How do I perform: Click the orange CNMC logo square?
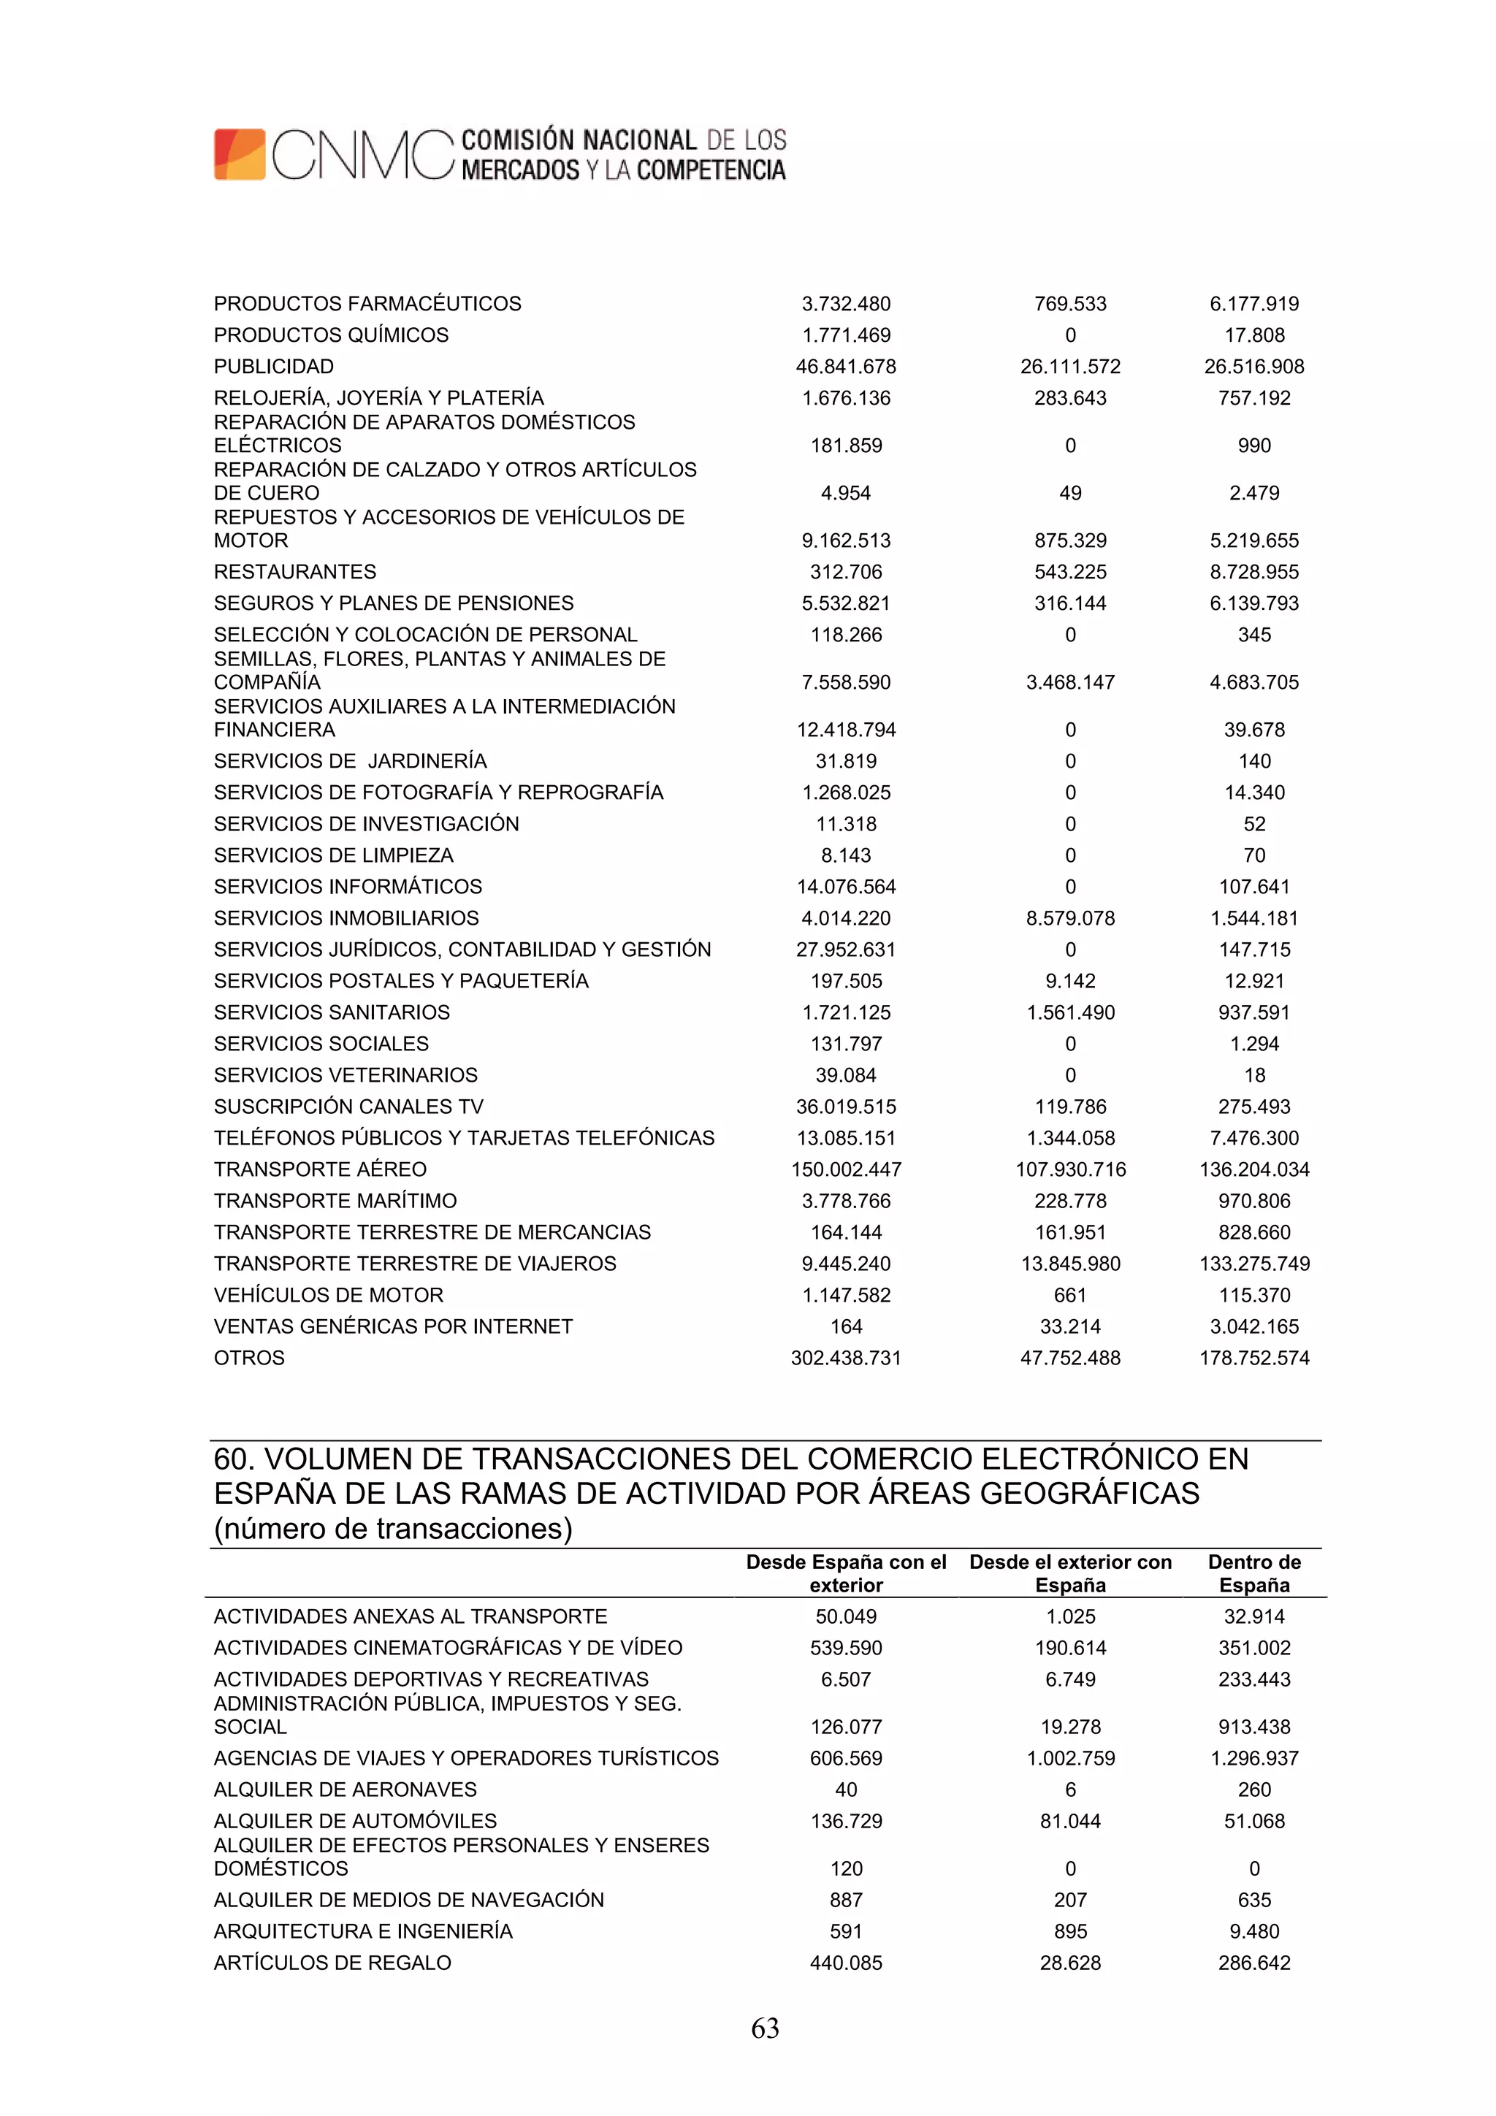tap(240, 154)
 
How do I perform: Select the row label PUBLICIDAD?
tap(274, 367)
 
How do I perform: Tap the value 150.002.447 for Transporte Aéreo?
tap(845, 1169)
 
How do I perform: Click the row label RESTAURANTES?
tap(295, 573)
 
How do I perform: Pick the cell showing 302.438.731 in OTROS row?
tap(845, 1358)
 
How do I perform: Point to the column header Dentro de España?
tap(1253, 1573)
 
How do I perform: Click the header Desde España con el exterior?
tap(845, 1573)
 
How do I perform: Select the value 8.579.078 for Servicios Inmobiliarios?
tap(1070, 918)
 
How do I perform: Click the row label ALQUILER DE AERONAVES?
tap(345, 1790)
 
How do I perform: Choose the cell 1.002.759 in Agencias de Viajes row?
tap(1070, 1758)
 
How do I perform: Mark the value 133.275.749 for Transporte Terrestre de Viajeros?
tap(1253, 1264)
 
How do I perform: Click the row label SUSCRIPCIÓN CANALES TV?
tap(348, 1107)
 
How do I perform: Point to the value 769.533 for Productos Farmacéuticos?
tap(1070, 304)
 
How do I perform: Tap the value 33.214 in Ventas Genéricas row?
tap(1070, 1326)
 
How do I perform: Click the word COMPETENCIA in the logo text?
tap(711, 170)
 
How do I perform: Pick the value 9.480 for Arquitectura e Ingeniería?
tap(1253, 1932)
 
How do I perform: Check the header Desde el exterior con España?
tap(1070, 1573)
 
